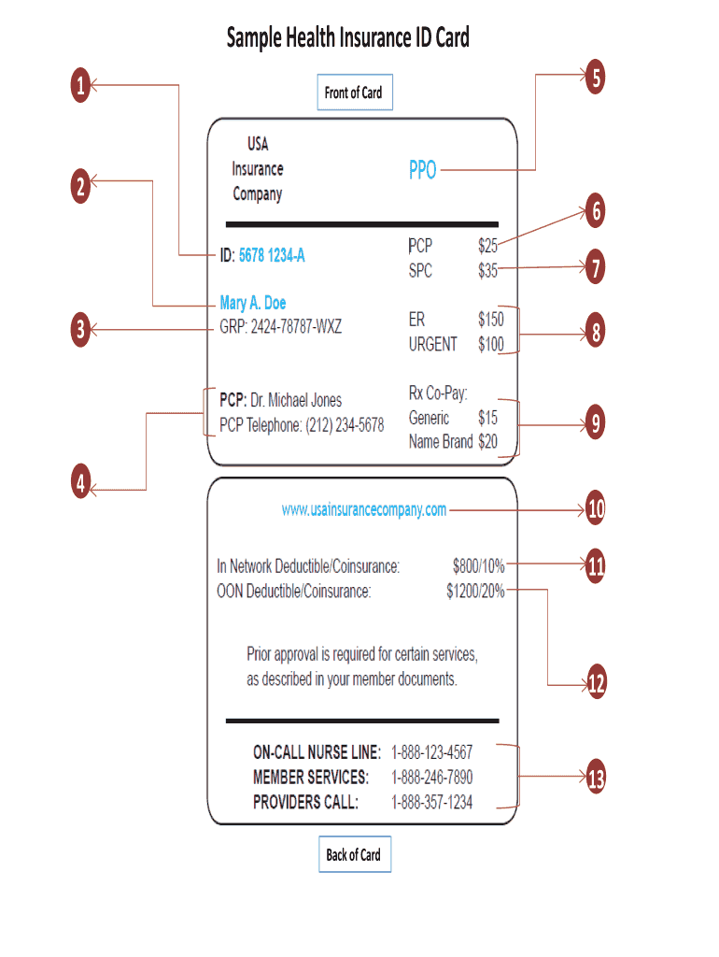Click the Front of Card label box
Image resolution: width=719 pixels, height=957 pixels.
(353, 93)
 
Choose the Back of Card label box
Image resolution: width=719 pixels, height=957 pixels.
(353, 854)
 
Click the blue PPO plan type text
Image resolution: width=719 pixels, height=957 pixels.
(422, 171)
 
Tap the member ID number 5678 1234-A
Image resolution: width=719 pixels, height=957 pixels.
(272, 254)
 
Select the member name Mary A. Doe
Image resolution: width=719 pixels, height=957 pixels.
(253, 303)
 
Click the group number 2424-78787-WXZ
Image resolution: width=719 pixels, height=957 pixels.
(294, 327)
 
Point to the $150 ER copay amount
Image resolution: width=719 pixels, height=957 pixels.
(490, 320)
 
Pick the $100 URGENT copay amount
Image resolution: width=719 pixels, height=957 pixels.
(490, 344)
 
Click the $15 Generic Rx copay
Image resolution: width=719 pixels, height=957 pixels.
(487, 418)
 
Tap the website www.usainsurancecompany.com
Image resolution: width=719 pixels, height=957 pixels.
(364, 509)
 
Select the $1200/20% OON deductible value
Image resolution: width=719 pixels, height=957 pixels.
(475, 591)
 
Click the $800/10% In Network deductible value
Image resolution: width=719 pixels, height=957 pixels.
(478, 565)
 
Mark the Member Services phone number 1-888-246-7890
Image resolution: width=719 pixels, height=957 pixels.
(431, 777)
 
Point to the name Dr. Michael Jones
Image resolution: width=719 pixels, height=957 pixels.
(296, 401)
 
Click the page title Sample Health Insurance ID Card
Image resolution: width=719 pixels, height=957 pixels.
(347, 38)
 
